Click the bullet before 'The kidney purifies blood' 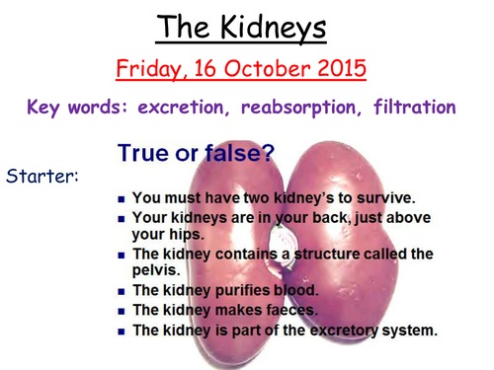[120, 290]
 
